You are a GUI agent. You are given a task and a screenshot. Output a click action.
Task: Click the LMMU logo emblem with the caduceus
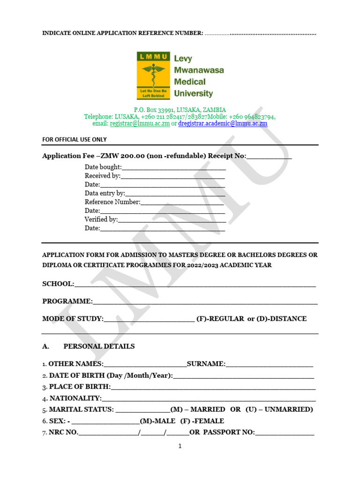(153, 75)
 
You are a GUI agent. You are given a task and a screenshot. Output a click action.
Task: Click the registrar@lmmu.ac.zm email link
(140, 124)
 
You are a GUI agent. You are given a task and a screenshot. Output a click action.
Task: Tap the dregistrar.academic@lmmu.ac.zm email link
(223, 124)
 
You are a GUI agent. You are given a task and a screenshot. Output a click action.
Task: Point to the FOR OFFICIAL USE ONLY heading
(75, 139)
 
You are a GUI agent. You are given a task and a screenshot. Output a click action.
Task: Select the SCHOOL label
(58, 284)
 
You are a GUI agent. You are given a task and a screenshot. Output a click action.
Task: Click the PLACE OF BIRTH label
(80, 387)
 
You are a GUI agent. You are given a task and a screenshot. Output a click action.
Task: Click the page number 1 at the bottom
(180, 446)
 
